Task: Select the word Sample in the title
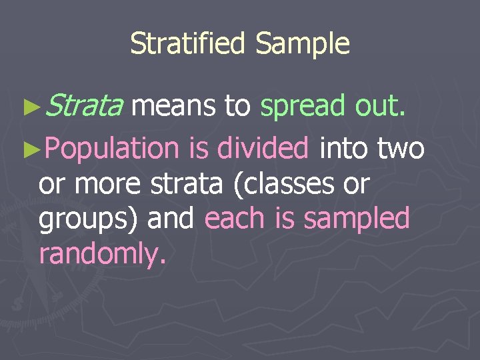[303, 44]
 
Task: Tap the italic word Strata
[86, 106]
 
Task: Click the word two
[401, 147]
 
